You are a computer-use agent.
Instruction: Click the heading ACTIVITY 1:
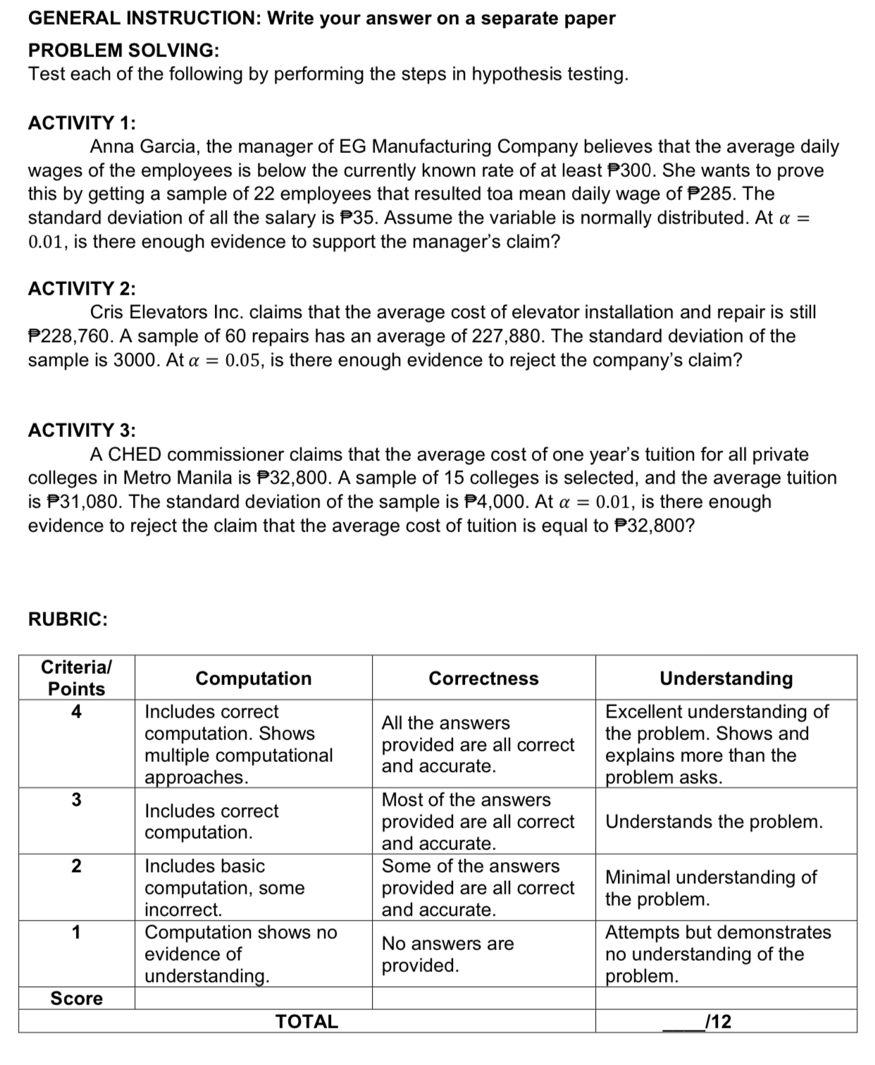tap(82, 123)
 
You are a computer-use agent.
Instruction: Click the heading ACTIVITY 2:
tap(82, 288)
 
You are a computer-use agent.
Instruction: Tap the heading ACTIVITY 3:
tap(82, 430)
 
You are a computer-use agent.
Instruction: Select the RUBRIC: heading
tap(68, 620)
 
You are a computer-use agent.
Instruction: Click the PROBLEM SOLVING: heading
tap(123, 50)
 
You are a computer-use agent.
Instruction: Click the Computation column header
tap(253, 678)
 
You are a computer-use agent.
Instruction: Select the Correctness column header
tap(483, 678)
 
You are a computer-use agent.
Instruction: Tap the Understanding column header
tap(726, 678)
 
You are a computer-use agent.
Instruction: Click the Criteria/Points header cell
tap(76, 677)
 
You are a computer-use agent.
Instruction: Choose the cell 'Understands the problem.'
tap(714, 822)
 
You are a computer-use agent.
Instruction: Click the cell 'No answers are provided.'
tap(448, 954)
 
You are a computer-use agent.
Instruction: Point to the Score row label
tap(76, 998)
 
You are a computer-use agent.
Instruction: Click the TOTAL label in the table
tap(306, 1021)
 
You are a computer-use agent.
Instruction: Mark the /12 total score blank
tap(697, 1021)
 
